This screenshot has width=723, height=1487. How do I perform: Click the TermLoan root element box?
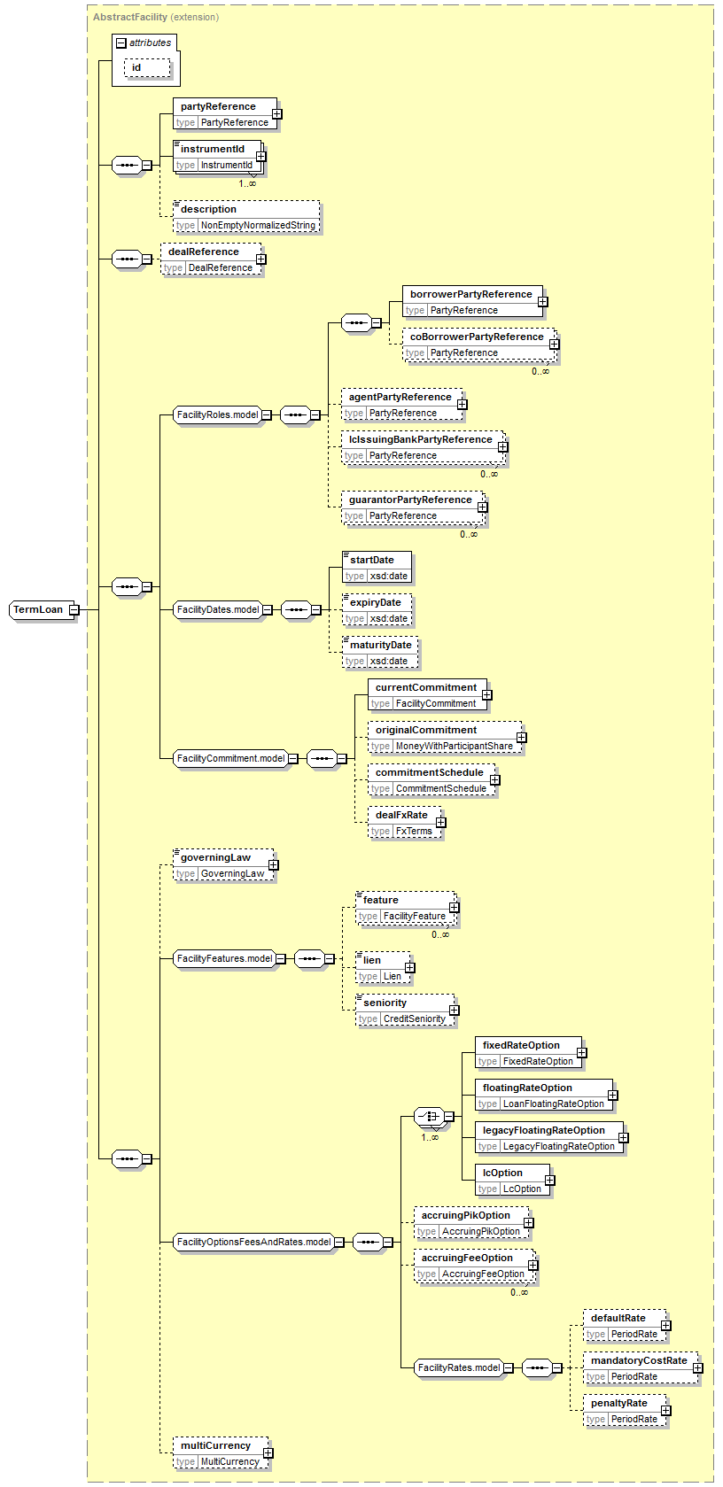tap(38, 609)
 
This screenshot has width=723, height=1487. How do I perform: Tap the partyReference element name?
tap(218, 106)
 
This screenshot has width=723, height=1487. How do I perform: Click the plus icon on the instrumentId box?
tap(260, 157)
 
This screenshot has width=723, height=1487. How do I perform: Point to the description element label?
tap(208, 209)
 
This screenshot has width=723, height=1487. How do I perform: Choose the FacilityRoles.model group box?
tap(217, 414)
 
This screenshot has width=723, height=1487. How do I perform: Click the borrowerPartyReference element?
tap(470, 294)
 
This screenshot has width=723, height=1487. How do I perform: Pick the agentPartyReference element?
tap(400, 397)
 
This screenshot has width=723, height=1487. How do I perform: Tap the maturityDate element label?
tap(380, 645)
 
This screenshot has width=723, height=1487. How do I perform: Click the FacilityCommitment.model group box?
tap(230, 758)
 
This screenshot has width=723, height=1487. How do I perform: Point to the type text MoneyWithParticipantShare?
tap(454, 746)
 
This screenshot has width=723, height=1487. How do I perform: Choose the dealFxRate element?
tap(401, 815)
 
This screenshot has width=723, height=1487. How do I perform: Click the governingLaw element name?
tap(215, 857)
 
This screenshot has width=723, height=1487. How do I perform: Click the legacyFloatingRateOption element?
tap(543, 1130)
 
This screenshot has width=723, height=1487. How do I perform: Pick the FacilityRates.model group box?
tap(458, 1367)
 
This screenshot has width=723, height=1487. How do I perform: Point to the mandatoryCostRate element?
tap(639, 1360)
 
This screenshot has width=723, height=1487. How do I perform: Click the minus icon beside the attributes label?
tap(121, 43)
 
